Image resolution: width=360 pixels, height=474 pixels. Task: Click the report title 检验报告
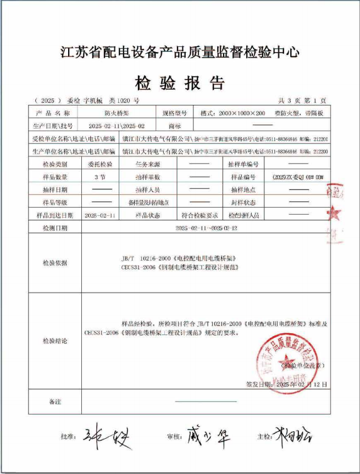pos(180,83)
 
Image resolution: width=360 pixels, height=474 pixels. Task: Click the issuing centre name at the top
pos(180,53)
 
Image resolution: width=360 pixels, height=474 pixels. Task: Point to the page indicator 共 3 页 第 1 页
pos(302,101)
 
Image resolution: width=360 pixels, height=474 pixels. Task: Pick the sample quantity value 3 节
pos(100,177)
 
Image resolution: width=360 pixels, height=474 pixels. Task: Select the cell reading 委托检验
pos(100,164)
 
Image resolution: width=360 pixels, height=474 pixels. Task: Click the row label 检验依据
pos(54,263)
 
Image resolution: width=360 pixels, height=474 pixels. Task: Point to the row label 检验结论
pos(54,341)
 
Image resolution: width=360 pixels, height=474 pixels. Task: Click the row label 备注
pos(54,402)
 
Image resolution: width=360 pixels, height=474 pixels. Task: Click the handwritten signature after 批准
pos(108,437)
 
